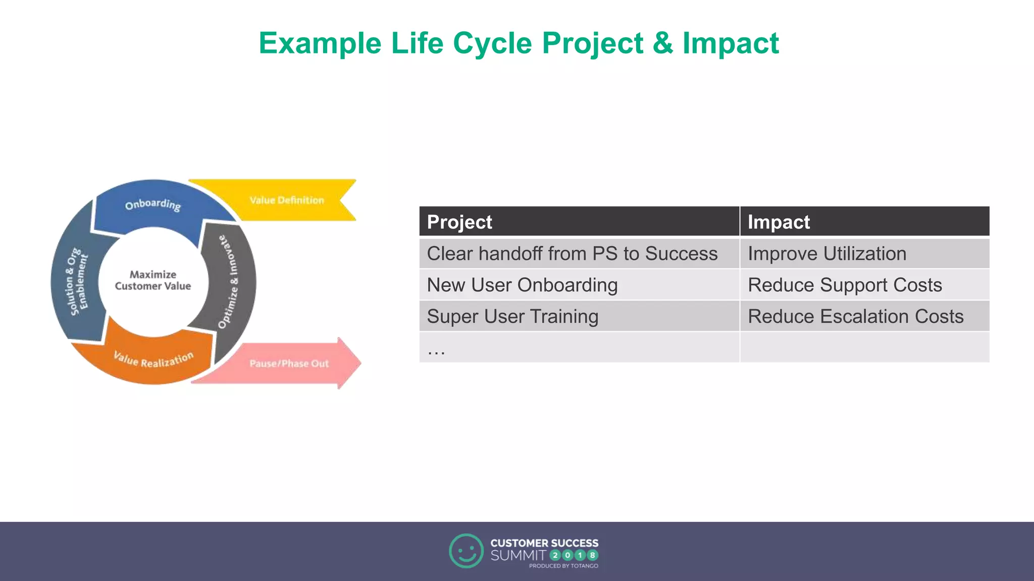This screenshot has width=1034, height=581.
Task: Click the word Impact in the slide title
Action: click(731, 43)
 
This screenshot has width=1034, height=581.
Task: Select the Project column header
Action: click(459, 222)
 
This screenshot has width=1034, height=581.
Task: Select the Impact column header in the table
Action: click(779, 222)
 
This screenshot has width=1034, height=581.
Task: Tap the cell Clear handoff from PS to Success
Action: click(572, 254)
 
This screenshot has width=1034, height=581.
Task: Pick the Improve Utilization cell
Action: click(827, 254)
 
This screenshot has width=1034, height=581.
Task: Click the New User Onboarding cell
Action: click(522, 285)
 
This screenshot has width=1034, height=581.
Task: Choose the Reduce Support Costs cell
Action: click(845, 285)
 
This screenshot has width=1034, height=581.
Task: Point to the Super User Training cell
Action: click(512, 316)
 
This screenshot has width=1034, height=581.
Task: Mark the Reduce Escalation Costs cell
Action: click(855, 316)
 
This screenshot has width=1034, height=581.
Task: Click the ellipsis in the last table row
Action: click(436, 350)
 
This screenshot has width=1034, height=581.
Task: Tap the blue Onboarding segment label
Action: click(153, 204)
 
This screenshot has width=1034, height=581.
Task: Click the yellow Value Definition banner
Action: click(286, 200)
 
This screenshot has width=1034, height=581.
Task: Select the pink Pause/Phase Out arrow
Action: click(289, 363)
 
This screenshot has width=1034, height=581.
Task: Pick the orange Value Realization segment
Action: click(153, 359)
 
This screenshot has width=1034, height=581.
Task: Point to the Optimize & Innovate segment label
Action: click(228, 281)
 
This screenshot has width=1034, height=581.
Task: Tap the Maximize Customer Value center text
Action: click(153, 280)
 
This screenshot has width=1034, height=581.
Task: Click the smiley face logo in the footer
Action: click(466, 551)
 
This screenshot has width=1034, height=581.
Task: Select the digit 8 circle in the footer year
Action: click(593, 555)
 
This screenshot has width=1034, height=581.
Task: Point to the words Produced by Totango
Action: click(563, 566)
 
